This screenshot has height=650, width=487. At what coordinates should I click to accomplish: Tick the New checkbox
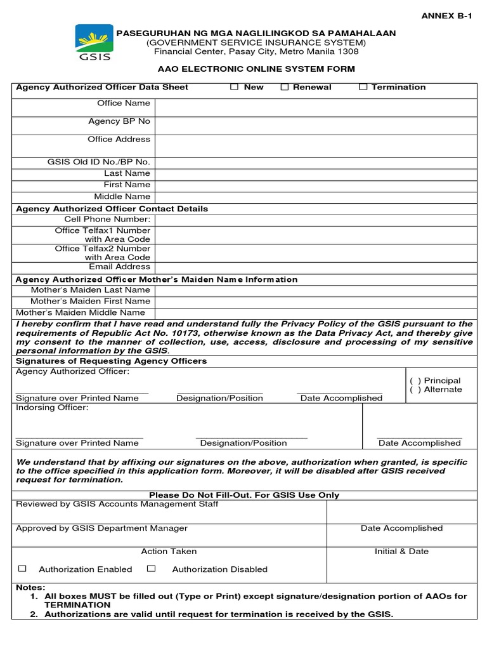235,87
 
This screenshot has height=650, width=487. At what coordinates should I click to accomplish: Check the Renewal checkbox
285,87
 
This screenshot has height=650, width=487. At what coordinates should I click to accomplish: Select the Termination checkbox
363,87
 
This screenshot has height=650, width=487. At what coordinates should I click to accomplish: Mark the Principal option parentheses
415,381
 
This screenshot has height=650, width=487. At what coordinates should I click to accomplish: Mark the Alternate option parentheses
415,390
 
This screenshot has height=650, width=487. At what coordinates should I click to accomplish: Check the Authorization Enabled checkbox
23,569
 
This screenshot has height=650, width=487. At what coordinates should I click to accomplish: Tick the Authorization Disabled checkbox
151,569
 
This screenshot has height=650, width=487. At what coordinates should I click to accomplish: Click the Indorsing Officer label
53,408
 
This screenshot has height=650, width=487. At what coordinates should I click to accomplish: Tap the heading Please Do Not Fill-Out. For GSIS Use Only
243,495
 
